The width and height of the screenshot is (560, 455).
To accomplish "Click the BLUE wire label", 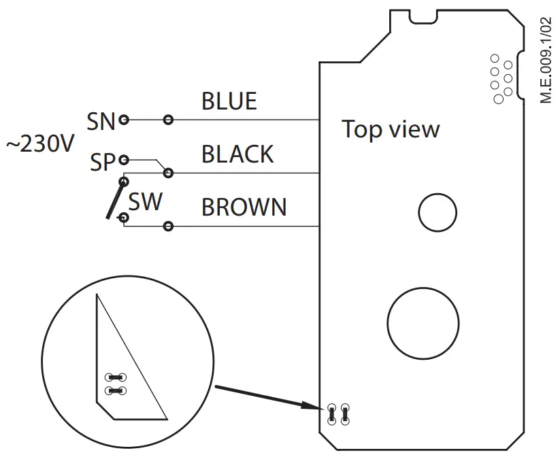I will (x=229, y=101).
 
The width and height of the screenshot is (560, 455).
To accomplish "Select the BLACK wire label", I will (x=237, y=154).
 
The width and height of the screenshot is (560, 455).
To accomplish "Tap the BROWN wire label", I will (x=244, y=207).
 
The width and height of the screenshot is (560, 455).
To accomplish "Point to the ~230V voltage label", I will (x=40, y=145).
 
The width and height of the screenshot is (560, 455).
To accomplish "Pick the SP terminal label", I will (x=103, y=162).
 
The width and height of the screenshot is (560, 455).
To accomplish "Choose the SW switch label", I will (x=146, y=201).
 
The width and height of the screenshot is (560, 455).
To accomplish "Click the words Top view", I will (x=391, y=129).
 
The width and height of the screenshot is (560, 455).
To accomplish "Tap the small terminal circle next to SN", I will (x=124, y=121).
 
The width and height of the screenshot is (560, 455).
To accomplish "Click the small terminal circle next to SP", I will (x=123, y=161).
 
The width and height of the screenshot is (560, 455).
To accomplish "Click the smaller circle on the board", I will (x=438, y=214).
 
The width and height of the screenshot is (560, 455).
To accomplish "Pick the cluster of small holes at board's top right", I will (x=502, y=79).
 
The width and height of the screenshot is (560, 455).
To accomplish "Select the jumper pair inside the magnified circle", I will (x=115, y=384).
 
